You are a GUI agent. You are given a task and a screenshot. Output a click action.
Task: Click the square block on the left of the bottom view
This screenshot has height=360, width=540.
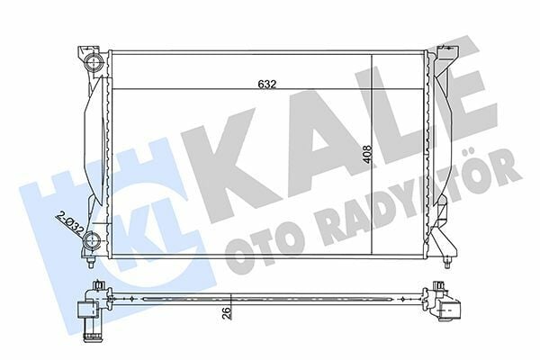(88, 311)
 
